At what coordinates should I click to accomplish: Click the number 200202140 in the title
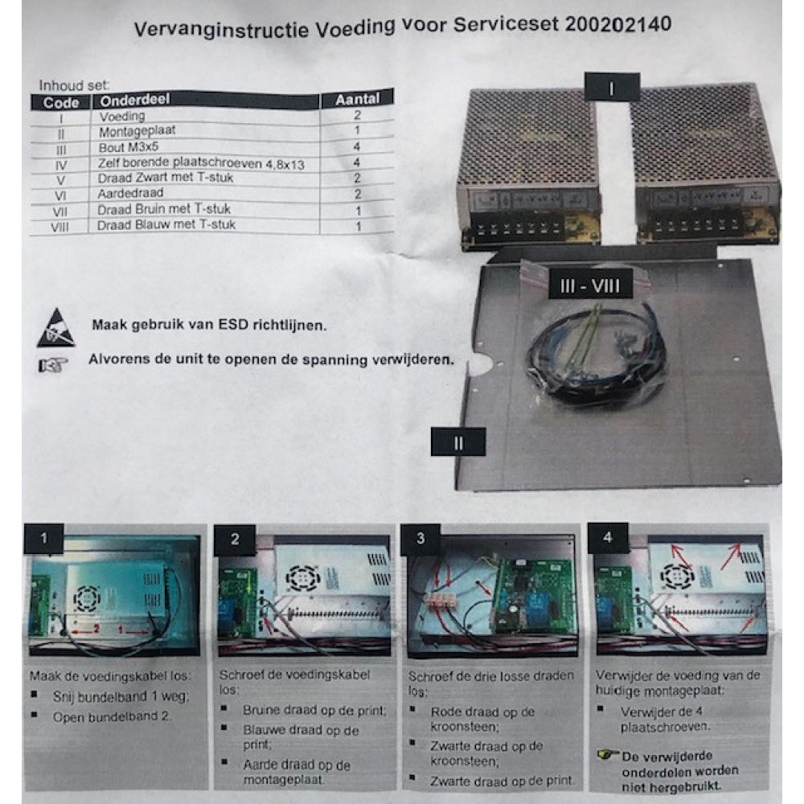click(x=618, y=24)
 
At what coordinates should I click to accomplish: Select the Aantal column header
click(x=358, y=98)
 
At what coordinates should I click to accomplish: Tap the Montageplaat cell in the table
click(x=137, y=131)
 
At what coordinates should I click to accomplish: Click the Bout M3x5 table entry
click(x=129, y=147)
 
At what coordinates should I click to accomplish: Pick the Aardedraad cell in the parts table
click(x=131, y=193)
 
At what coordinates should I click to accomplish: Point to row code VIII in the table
click(x=59, y=227)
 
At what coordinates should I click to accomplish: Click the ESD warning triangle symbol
click(x=56, y=327)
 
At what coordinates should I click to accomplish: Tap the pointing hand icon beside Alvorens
click(x=53, y=365)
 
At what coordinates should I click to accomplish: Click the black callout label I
click(x=612, y=88)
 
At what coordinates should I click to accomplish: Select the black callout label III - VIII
click(x=590, y=285)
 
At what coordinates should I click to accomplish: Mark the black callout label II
click(x=458, y=442)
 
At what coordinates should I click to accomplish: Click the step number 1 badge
click(x=43, y=538)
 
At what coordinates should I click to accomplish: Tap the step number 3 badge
click(x=420, y=539)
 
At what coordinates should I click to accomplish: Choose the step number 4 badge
click(x=608, y=537)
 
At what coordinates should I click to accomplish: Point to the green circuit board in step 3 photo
click(x=533, y=597)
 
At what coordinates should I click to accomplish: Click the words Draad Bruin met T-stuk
click(x=164, y=209)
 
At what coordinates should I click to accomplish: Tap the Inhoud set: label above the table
click(x=74, y=85)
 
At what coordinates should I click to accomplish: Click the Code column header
click(x=61, y=103)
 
